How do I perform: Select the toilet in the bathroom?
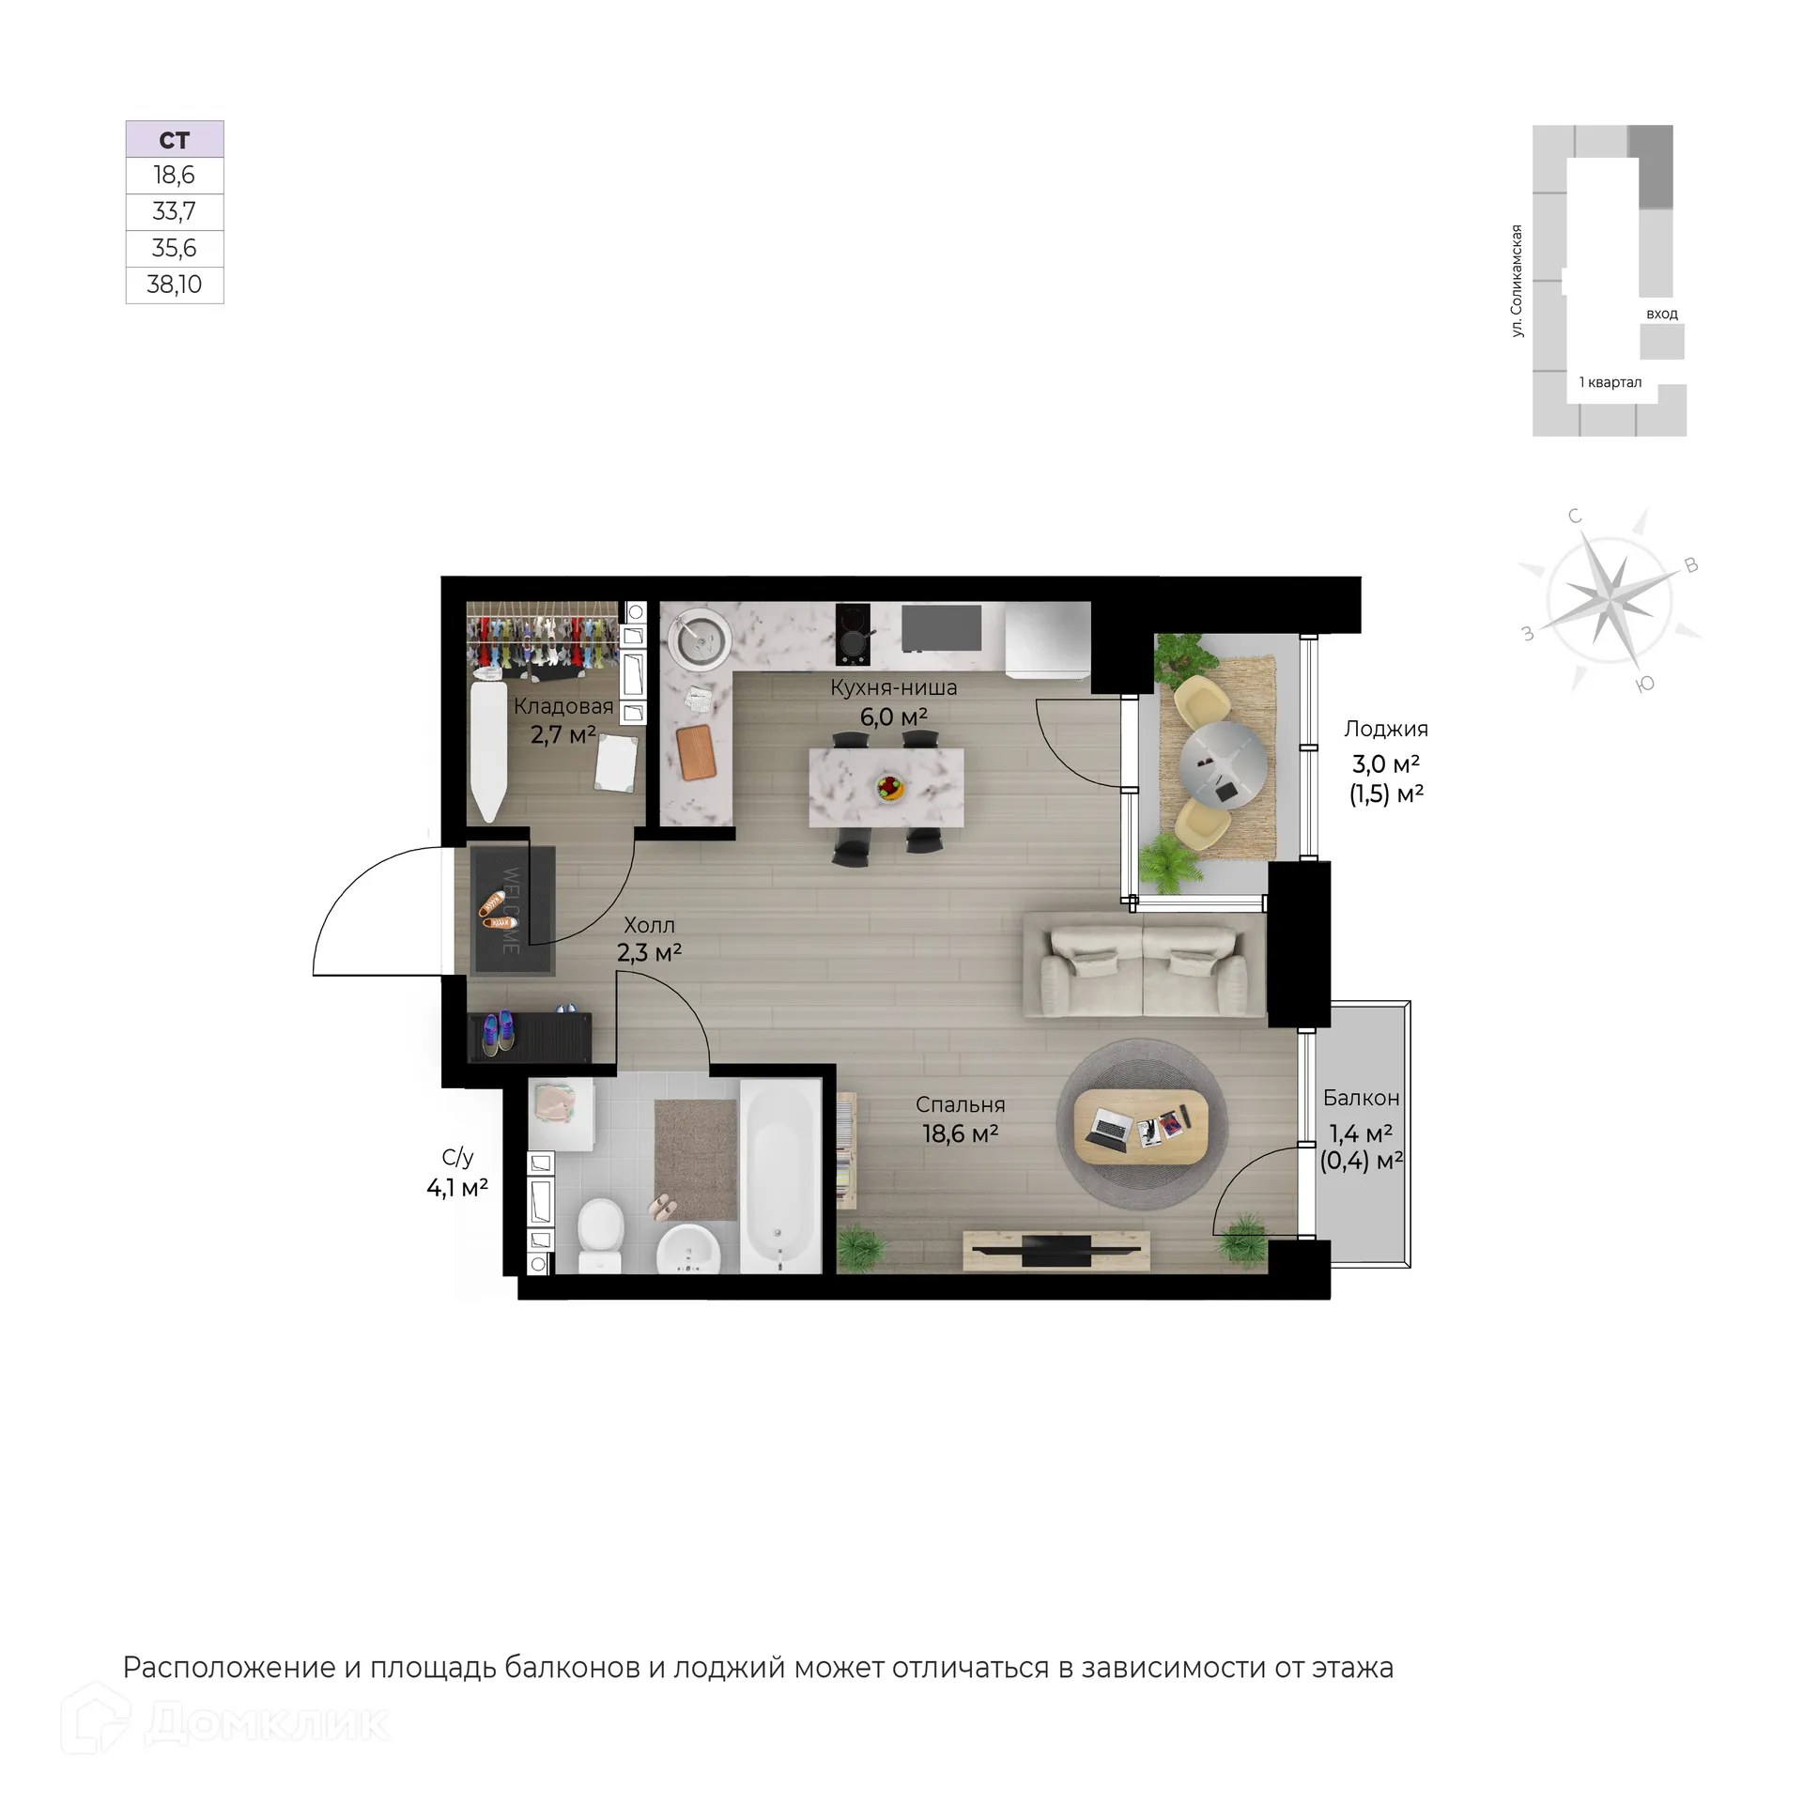click(600, 1235)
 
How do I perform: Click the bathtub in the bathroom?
click(780, 1176)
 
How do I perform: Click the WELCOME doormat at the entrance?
click(512, 911)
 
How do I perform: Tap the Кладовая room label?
click(563, 706)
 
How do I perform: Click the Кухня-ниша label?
click(894, 687)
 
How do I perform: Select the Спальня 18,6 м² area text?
click(960, 1119)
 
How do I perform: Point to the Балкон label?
click(1361, 1098)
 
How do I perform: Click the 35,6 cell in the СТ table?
click(175, 248)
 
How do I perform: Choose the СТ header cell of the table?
click(175, 139)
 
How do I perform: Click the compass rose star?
click(1610, 599)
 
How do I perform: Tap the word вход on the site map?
click(1661, 314)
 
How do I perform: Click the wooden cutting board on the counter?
click(696, 751)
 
